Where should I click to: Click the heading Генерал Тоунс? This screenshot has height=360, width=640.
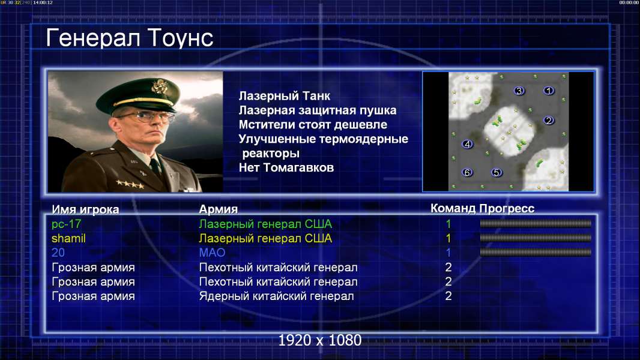[130, 38]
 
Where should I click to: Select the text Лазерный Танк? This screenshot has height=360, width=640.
[285, 96]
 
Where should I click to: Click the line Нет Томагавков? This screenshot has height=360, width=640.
[286, 167]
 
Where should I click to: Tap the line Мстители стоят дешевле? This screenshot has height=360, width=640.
[313, 125]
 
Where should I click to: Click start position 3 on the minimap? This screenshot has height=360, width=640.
[519, 91]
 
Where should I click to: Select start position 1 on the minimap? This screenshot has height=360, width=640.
[549, 91]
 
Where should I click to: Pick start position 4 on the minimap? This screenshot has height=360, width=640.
[467, 144]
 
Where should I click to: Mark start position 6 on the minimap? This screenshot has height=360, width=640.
[467, 172]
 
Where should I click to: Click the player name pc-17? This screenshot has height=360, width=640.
[67, 224]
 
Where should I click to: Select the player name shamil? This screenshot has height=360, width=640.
[68, 239]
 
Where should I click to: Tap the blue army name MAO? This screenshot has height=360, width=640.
[213, 253]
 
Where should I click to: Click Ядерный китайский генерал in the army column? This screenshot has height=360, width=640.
[277, 296]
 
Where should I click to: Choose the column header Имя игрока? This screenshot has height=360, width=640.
[85, 209]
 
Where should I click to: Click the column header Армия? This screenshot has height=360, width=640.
[219, 209]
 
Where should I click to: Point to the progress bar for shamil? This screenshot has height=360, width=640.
[536, 238]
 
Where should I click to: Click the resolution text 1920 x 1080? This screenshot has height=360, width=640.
[320, 340]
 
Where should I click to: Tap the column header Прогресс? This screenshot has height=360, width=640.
[507, 209]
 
